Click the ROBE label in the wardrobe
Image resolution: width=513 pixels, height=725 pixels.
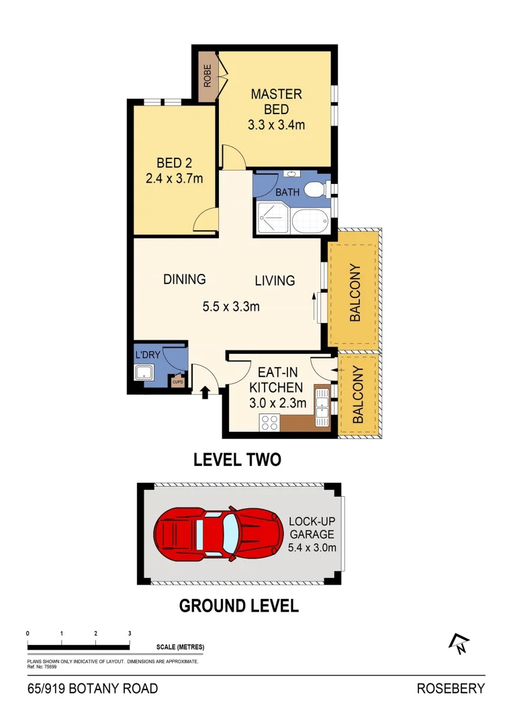pos(208,76)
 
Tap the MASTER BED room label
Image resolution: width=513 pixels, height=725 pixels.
pos(276,101)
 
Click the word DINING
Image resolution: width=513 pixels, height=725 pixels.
pos(184,279)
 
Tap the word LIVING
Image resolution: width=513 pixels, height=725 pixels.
pos(275,281)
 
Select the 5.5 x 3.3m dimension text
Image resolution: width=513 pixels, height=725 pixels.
pos(231,307)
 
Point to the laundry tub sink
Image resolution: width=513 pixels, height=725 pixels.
pos(145,373)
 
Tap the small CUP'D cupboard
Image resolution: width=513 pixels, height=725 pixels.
pos(178,382)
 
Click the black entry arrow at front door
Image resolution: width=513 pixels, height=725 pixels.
pos(205,391)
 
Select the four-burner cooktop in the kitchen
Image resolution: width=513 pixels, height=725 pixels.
pos(269,422)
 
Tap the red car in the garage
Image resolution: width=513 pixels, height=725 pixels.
pos(217,533)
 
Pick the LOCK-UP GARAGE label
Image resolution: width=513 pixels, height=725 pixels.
pos(312,528)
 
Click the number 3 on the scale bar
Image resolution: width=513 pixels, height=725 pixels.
pos(130,633)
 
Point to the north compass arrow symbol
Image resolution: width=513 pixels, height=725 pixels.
pos(459,644)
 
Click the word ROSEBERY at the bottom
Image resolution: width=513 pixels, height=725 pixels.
pos(451,688)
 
